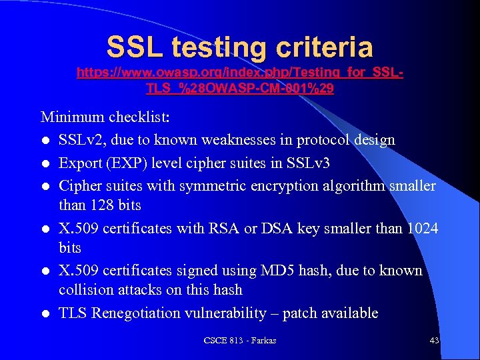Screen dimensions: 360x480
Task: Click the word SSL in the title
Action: (135, 47)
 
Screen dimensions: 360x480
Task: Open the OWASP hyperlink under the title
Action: (239, 79)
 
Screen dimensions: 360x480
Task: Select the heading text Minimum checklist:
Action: (106, 117)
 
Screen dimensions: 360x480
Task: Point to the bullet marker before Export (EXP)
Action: (45, 163)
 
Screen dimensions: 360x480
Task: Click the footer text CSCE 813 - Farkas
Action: (239, 341)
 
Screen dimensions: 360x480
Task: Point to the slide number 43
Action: (434, 341)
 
